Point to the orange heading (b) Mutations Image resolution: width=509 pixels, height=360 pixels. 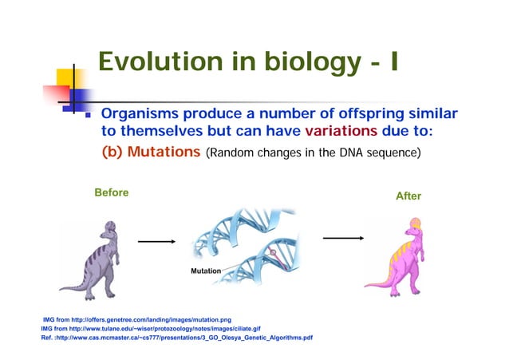pos(149,152)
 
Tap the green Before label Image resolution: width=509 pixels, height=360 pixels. pos(111,193)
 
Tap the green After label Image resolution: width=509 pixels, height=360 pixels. pos(408,196)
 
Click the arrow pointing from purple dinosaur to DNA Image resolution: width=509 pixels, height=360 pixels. pos(156,239)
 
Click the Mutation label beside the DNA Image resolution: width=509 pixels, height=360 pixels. pos(204,271)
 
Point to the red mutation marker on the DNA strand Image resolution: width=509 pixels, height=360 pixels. pos(274,255)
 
